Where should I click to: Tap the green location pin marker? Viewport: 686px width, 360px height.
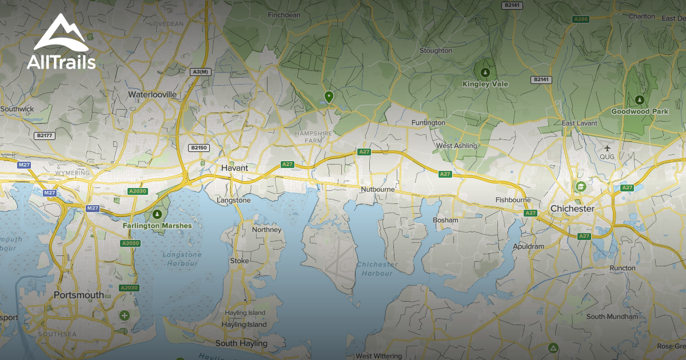click(329, 97)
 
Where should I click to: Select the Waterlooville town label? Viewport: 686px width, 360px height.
click(152, 94)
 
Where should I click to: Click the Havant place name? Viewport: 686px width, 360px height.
click(234, 169)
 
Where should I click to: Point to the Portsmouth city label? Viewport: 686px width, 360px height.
click(79, 295)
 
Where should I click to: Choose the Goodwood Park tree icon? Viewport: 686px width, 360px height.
click(639, 100)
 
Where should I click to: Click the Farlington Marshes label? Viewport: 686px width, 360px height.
click(157, 226)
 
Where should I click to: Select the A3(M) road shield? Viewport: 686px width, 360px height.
click(200, 71)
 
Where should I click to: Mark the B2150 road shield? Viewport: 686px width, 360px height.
click(198, 147)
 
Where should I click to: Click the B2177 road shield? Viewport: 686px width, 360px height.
click(43, 135)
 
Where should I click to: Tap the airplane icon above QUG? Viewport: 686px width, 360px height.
click(607, 148)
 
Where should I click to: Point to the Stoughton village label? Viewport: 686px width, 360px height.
click(436, 50)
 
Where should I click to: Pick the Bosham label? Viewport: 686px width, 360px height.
click(445, 220)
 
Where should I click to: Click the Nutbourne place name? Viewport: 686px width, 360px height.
click(378, 189)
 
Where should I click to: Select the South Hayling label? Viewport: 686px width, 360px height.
click(241, 343)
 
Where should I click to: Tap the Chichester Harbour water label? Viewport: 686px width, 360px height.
click(377, 269)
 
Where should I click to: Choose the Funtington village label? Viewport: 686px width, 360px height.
click(428, 123)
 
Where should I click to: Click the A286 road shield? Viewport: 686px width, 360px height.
click(581, 19)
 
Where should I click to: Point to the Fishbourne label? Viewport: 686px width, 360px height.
click(513, 200)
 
